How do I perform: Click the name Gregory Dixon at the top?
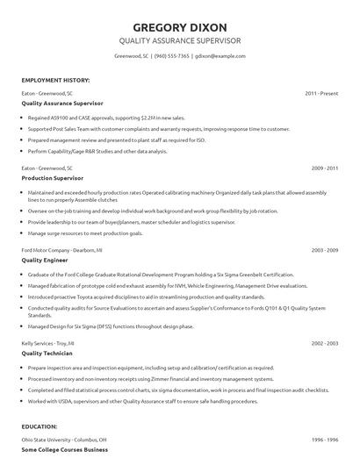coord(179,25)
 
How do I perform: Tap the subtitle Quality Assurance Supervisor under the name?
coord(179,41)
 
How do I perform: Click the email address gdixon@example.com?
coord(220,56)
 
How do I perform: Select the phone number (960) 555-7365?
coord(171,56)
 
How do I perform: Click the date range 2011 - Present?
coord(321,92)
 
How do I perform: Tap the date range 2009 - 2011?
coord(324,167)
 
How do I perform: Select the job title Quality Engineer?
coord(45,261)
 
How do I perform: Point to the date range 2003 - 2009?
coord(324,250)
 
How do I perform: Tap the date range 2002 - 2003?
coord(324,342)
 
